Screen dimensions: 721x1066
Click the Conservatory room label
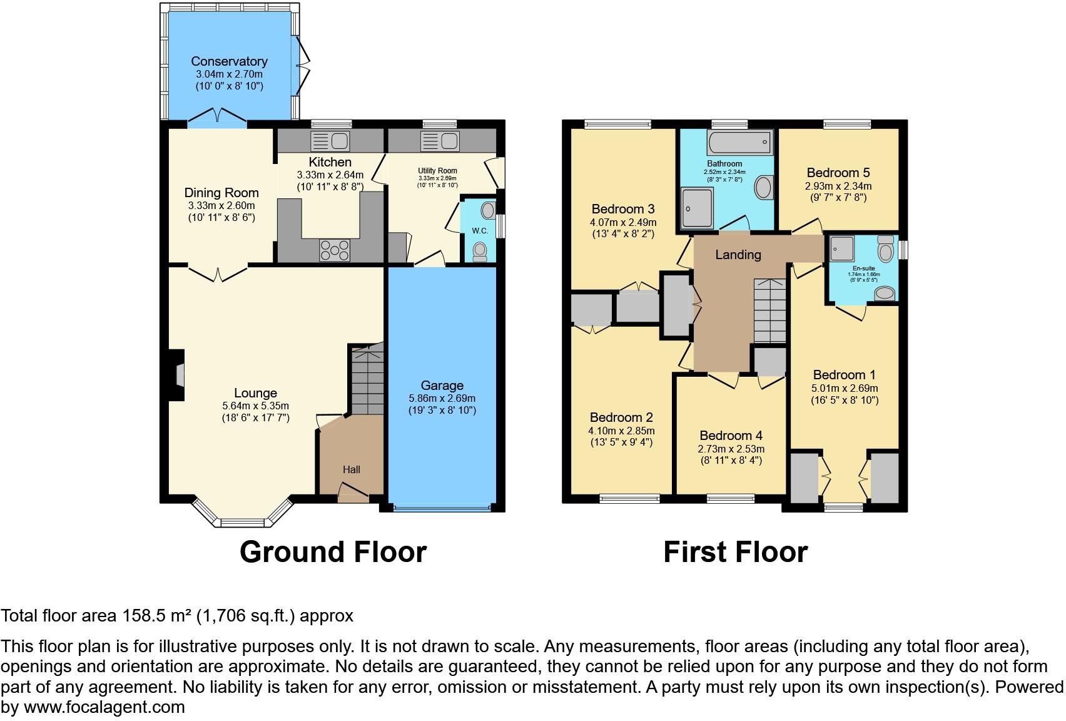coord(229,61)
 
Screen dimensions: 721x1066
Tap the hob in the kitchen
coord(335,250)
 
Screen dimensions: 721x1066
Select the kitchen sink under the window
coord(330,141)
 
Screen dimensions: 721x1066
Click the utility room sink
coord(440,141)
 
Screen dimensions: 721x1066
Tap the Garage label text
coord(442,386)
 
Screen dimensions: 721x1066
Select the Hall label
coord(351,469)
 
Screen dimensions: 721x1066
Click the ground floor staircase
coord(367,380)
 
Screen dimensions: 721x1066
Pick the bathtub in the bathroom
coord(740,143)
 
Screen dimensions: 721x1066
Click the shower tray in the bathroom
coord(697,208)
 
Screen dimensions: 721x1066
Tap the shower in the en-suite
coord(841,248)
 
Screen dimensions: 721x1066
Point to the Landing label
coord(738,255)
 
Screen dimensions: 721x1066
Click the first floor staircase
coord(769,310)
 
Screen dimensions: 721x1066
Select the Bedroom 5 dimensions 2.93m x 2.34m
coord(838,186)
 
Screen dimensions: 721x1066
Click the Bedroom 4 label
coord(731,436)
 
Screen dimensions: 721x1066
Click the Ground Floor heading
coord(333,552)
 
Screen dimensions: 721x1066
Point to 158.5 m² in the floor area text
coord(156,616)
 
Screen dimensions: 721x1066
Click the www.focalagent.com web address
coord(104,707)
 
